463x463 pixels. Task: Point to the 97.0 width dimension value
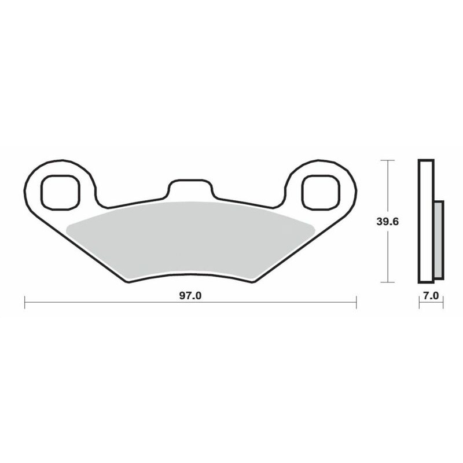(x=189, y=296)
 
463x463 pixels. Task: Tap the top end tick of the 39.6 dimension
(x=387, y=159)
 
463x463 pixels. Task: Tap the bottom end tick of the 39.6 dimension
(x=387, y=282)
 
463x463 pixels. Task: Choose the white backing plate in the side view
(x=425, y=220)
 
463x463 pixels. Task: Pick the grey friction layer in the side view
(x=438, y=237)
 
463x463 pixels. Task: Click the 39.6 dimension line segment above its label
(x=387, y=185)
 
